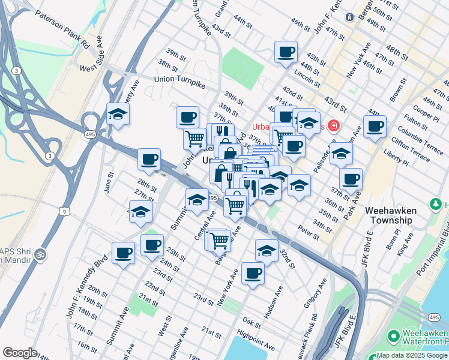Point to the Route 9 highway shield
[64, 211]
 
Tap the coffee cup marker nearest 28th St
[149, 160]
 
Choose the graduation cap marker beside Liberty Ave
[118, 114]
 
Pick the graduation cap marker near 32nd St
[267, 251]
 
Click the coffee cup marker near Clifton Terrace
[374, 127]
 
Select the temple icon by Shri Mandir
[40, 254]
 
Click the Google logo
[20, 353]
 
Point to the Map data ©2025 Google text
[412, 355]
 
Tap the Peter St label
[308, 233]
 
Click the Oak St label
[252, 324]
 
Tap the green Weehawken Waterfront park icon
[394, 335]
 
